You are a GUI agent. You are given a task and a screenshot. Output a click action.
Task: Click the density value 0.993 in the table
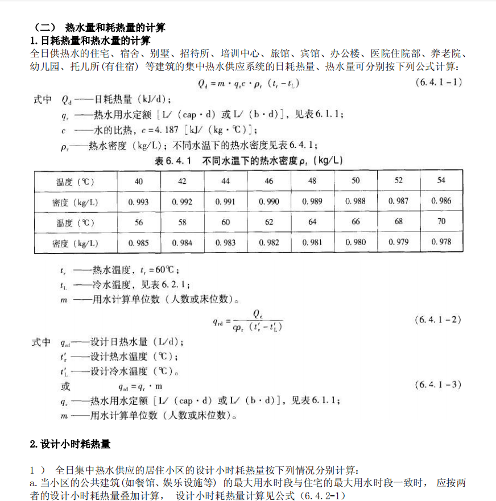[139, 202]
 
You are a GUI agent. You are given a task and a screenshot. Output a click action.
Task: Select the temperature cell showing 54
[441, 180]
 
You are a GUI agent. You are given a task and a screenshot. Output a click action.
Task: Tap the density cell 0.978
[441, 242]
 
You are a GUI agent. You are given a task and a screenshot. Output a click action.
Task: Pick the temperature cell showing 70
[441, 222]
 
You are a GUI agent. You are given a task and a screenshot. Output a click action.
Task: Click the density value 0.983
[226, 243]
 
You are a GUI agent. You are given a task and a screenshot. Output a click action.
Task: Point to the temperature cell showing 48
[312, 181]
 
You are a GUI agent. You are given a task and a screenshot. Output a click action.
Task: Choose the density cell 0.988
[356, 202]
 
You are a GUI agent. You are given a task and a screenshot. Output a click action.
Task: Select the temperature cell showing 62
[269, 222]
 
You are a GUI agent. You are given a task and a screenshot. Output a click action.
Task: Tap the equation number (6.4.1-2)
[438, 320]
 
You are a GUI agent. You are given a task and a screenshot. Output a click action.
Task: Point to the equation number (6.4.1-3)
[438, 385]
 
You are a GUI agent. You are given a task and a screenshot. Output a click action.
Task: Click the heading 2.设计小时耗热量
[70, 444]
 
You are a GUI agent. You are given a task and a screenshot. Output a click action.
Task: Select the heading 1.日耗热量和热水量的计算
[90, 40]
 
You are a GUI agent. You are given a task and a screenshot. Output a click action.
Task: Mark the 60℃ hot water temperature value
[167, 270]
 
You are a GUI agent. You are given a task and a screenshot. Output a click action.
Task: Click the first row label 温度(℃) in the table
[75, 182]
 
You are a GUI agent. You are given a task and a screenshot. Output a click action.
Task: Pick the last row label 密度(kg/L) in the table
[75, 243]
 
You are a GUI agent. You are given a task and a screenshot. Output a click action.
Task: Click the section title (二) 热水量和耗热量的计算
[100, 27]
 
